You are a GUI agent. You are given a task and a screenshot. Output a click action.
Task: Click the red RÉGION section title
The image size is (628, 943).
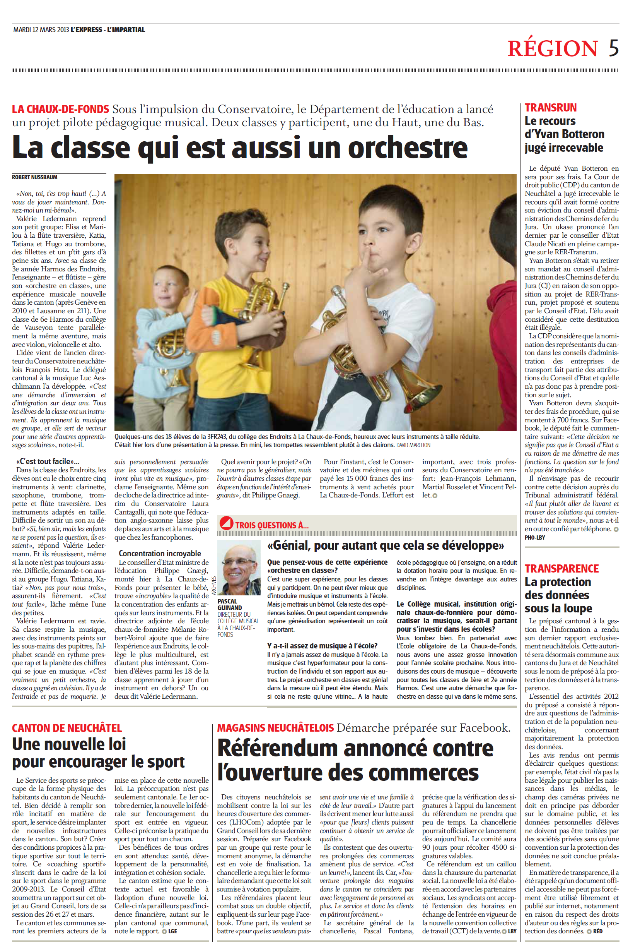[x=553, y=48]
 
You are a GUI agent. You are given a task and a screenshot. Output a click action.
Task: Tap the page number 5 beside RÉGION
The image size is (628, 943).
[x=614, y=48]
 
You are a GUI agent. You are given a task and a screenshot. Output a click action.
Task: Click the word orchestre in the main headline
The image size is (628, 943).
[x=407, y=148]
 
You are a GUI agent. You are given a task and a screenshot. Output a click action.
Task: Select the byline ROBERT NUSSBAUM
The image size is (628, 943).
[x=34, y=177]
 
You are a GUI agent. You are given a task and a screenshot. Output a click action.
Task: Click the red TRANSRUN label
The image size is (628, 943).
[x=551, y=108]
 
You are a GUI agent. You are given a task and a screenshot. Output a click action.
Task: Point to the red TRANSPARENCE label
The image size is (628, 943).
[x=561, y=569]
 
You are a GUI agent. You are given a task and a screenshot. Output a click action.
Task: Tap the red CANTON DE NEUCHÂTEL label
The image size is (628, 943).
[x=67, y=728]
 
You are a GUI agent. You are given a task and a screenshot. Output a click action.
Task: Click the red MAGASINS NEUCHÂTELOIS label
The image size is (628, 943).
[x=275, y=728]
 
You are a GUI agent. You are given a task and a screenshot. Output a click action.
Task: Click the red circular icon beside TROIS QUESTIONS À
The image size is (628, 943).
[x=226, y=523]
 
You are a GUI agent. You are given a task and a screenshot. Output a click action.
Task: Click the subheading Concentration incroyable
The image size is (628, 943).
[x=160, y=553]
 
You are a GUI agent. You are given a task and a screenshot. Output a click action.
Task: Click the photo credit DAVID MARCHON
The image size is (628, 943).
[x=413, y=445]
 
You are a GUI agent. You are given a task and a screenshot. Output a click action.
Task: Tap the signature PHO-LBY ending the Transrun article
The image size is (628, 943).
[x=535, y=537]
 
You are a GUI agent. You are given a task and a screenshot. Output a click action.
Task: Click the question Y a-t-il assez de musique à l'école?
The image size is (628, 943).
[x=322, y=646]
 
